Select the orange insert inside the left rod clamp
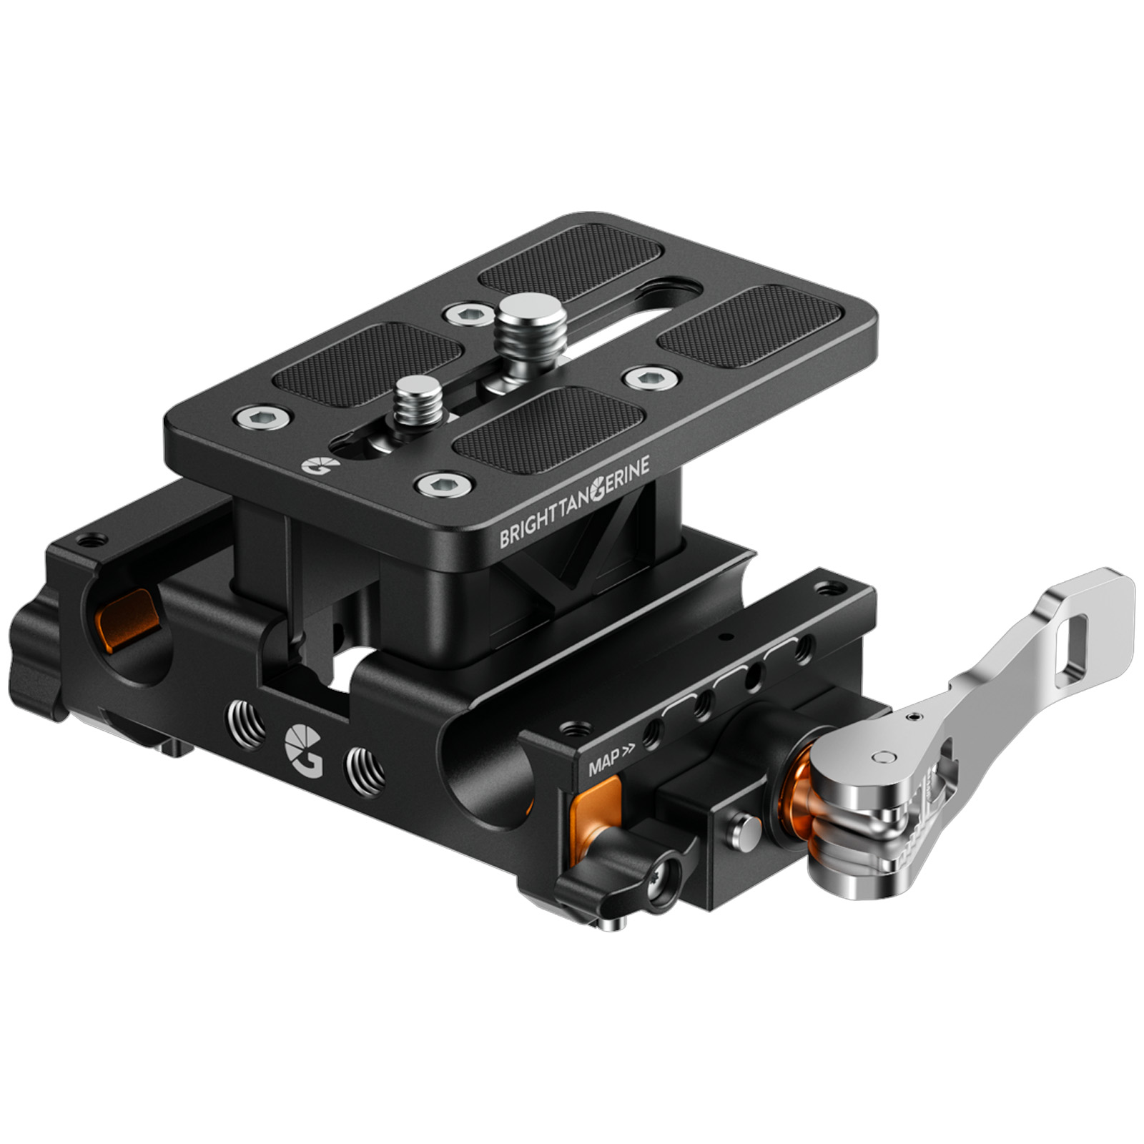(129, 616)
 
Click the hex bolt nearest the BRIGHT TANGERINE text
(444, 485)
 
